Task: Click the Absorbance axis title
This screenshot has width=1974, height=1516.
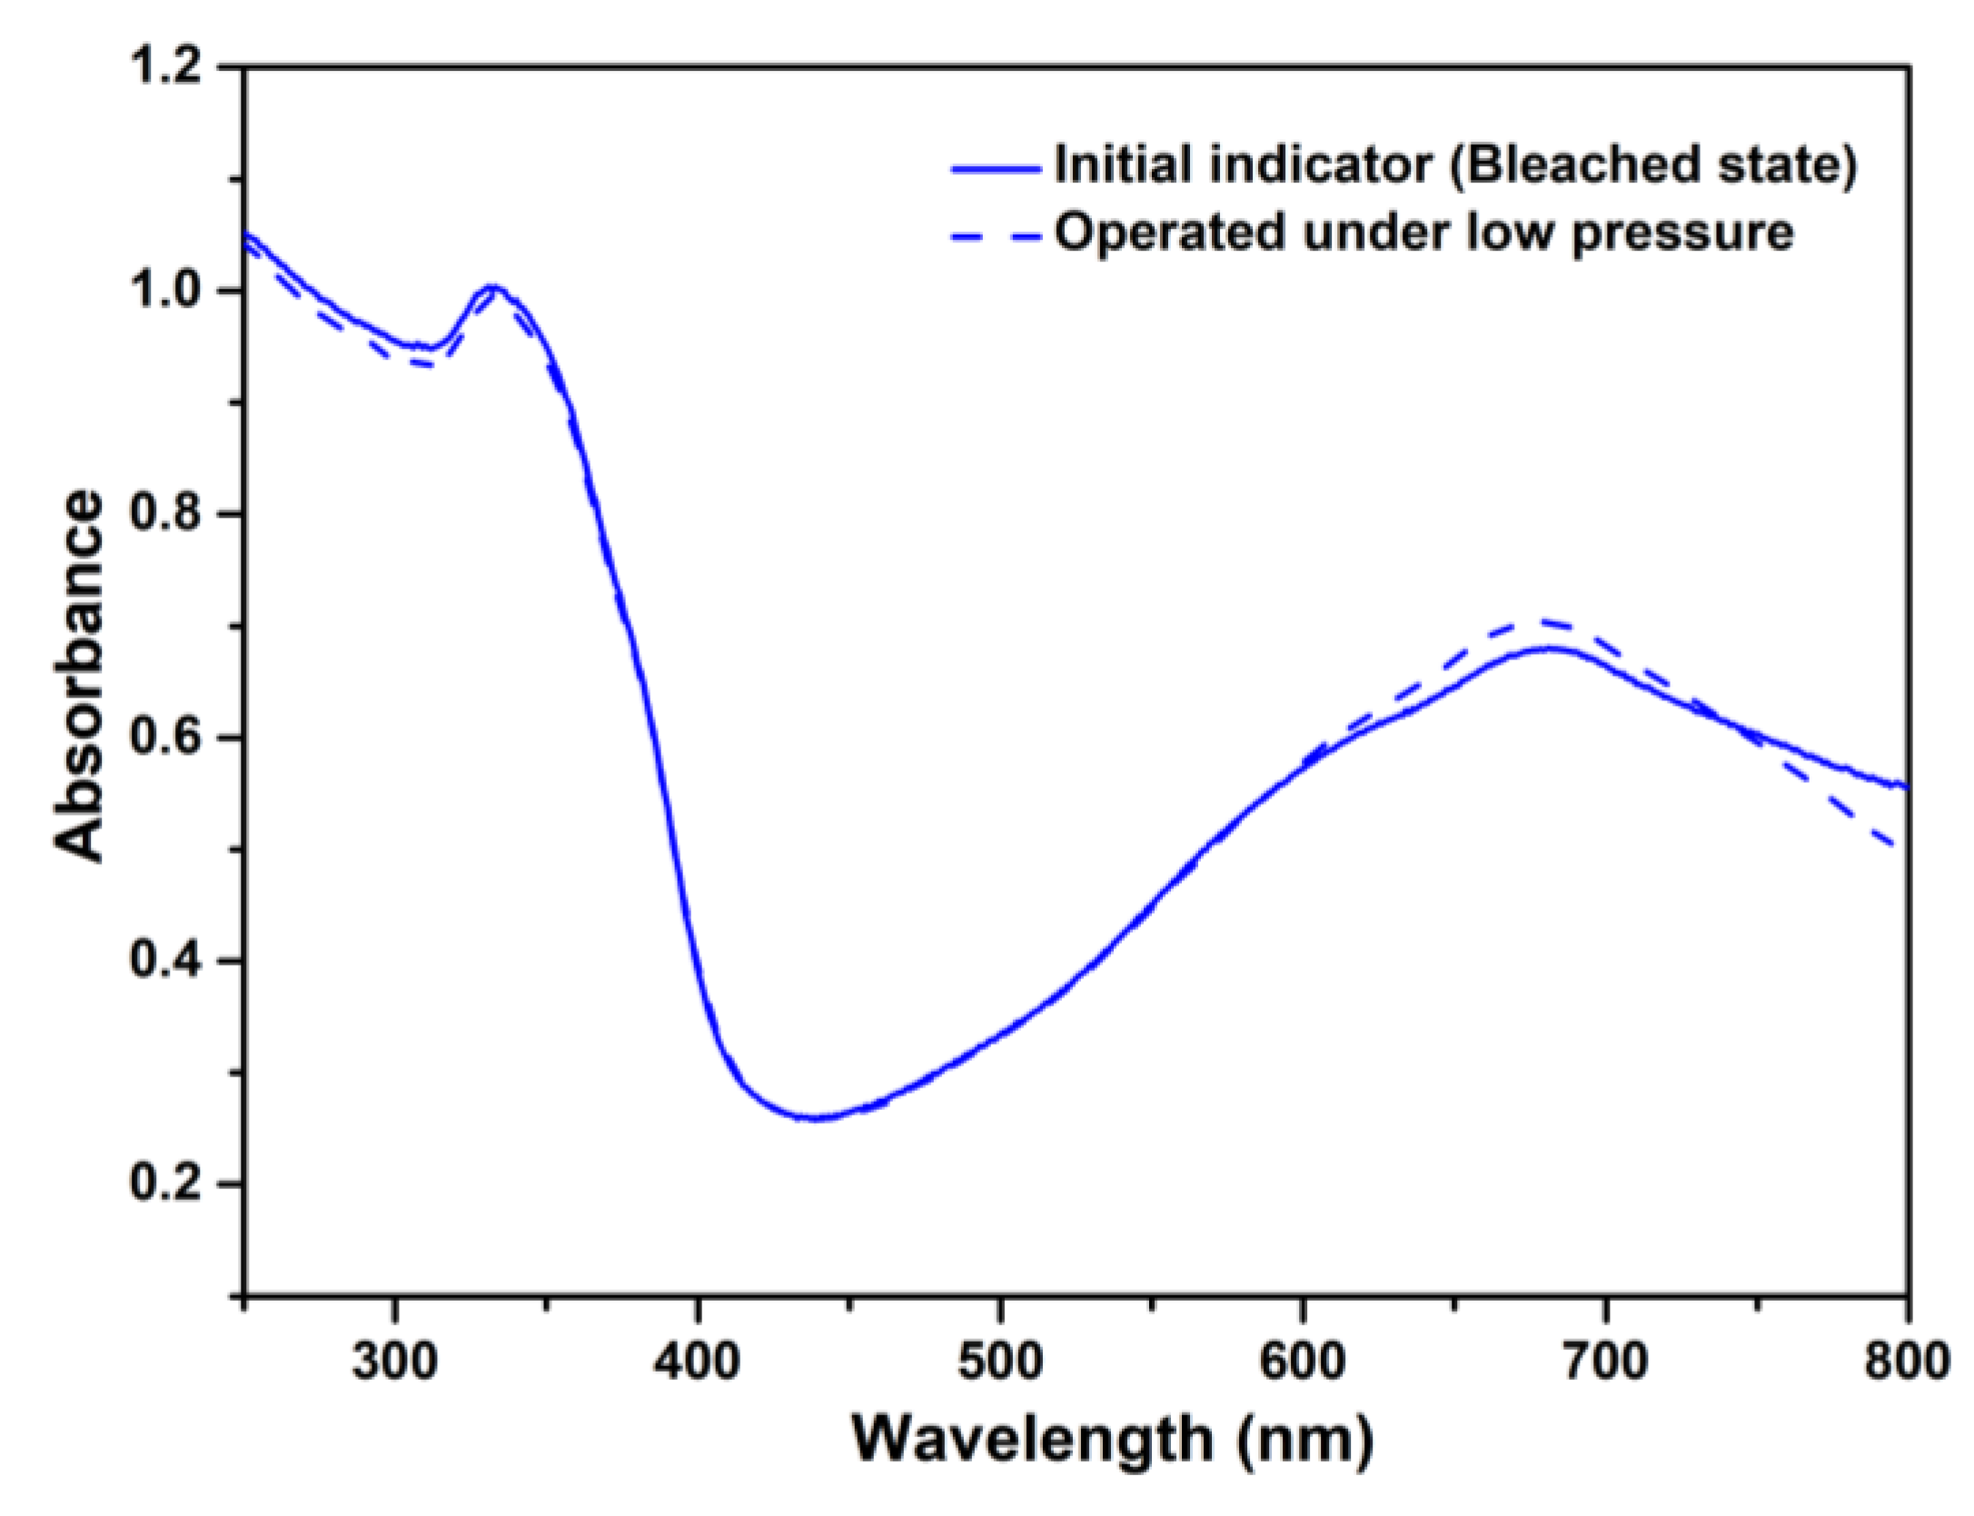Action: pos(80,677)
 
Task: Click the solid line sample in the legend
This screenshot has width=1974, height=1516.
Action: pos(996,168)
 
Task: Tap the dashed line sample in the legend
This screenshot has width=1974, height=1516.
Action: pos(996,237)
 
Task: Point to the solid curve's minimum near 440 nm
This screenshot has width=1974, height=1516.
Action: pos(815,1118)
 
